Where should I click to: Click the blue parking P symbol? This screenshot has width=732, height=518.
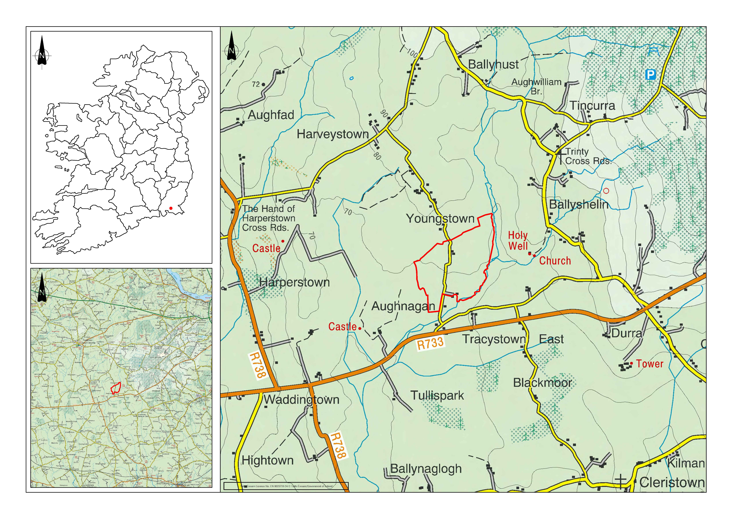[x=650, y=75]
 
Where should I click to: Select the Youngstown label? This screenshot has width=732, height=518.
[x=440, y=219]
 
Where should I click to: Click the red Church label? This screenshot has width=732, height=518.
[x=555, y=261]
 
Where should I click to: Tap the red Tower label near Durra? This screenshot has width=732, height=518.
[x=649, y=364]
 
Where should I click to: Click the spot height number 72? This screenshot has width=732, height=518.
[x=256, y=84]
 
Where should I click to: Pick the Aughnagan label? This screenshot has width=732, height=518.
[x=403, y=306]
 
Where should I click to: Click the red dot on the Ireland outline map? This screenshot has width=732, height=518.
[x=171, y=208]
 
